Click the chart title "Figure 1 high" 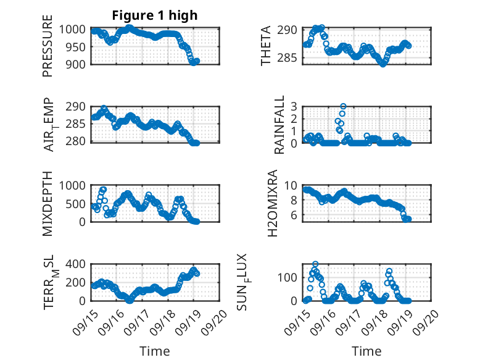[x=155, y=16]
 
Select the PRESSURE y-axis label [x=48, y=46]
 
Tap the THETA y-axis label [x=266, y=46]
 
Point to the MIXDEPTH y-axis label [x=48, y=203]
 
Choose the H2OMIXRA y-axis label [x=275, y=203]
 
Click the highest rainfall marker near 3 [x=343, y=106]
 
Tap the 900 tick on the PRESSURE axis [x=79, y=64]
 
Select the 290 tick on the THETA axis [x=291, y=30]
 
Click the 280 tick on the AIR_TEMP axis [x=79, y=143]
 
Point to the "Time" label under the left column [x=155, y=351]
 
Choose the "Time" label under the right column [x=367, y=351]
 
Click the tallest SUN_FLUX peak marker [x=315, y=264]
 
